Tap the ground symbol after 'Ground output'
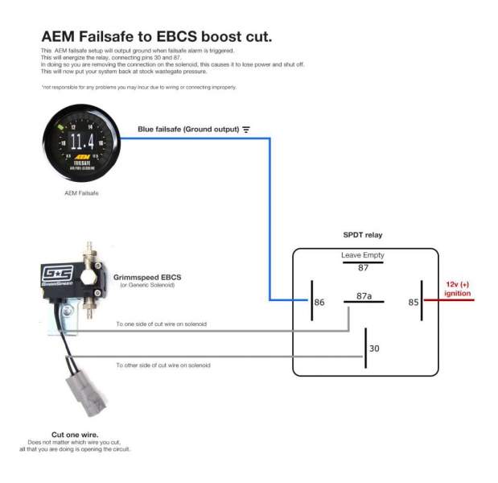[246, 129]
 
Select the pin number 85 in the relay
[414, 303]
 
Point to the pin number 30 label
[373, 349]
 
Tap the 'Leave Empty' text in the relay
[363, 255]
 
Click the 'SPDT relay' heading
[363, 235]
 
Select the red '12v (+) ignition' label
[458, 289]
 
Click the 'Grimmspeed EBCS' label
[145, 275]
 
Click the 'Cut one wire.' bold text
[74, 434]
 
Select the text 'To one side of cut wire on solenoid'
[161, 324]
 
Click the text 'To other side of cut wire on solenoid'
[163, 365]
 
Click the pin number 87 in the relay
[363, 268]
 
